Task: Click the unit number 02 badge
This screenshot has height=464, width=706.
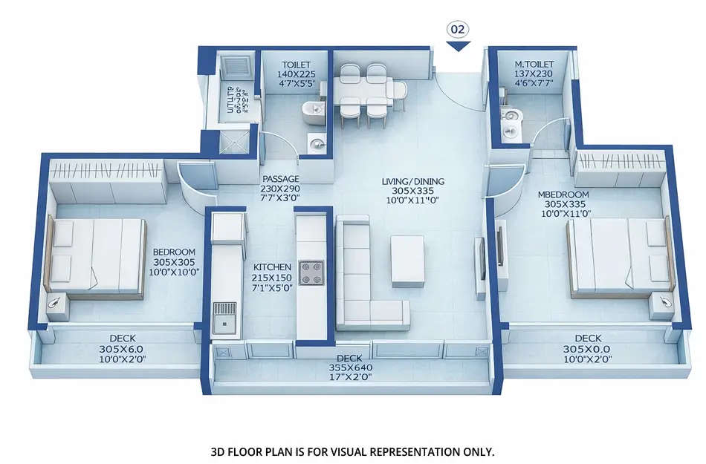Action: [458, 30]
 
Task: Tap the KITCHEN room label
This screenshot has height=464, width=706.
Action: [267, 267]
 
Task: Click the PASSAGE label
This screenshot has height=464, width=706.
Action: [280, 179]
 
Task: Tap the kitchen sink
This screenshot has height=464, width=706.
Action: [224, 316]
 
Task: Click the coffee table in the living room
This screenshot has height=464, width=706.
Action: [407, 260]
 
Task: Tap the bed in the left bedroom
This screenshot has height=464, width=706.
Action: [97, 256]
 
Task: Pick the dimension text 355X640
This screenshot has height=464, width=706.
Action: [352, 367]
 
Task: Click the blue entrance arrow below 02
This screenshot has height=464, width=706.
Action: [458, 46]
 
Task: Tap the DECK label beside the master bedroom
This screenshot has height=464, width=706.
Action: [588, 339]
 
